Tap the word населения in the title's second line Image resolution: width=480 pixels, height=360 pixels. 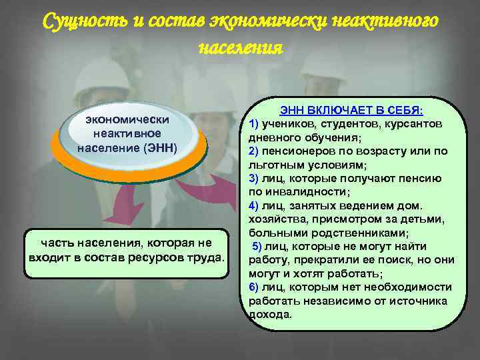[x=240, y=48]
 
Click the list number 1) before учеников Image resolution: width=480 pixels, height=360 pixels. [x=253, y=124]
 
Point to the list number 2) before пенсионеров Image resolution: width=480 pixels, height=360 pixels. [x=253, y=151]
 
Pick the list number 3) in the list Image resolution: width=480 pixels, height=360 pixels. [x=253, y=178]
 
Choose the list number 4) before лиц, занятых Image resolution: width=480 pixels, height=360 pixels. [x=253, y=205]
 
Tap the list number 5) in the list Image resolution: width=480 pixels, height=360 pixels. [x=257, y=247]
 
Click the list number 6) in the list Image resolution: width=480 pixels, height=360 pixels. [x=253, y=287]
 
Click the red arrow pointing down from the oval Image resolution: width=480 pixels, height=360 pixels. [x=121, y=206]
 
